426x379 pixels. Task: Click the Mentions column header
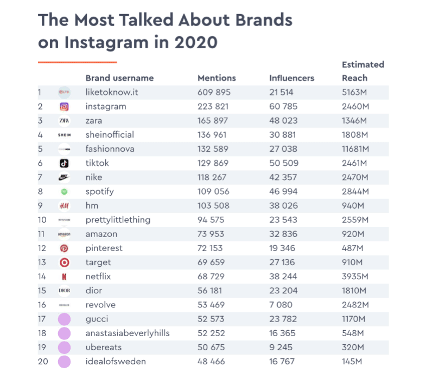pyautogui.click(x=217, y=78)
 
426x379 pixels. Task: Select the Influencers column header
pyautogui.click(x=291, y=78)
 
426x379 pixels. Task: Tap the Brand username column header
pyautogui.click(x=119, y=78)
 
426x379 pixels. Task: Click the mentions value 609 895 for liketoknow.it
pyautogui.click(x=213, y=92)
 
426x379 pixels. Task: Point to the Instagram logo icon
pyautogui.click(x=64, y=107)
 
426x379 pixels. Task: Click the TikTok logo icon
pyautogui.click(x=64, y=163)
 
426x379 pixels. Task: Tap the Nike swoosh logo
pyautogui.click(x=64, y=177)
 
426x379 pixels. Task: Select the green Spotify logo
pyautogui.click(x=64, y=191)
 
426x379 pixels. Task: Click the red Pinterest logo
pyautogui.click(x=64, y=248)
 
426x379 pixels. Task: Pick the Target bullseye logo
pyautogui.click(x=64, y=262)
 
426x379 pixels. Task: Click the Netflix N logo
pyautogui.click(x=64, y=277)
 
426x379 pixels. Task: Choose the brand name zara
pyautogui.click(x=94, y=120)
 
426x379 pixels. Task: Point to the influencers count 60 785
pyautogui.click(x=285, y=106)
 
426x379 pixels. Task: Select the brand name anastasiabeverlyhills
pyautogui.click(x=128, y=333)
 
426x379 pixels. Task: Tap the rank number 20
pyautogui.click(x=42, y=361)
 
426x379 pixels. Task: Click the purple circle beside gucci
pyautogui.click(x=64, y=319)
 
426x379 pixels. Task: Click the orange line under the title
pyautogui.click(x=77, y=62)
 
